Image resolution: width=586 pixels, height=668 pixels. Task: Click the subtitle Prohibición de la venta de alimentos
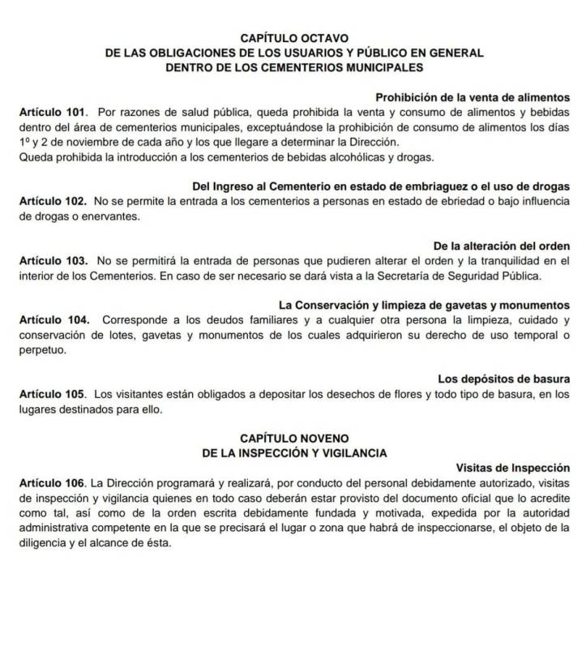(x=473, y=96)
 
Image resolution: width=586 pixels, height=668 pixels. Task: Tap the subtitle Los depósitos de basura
(x=503, y=379)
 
